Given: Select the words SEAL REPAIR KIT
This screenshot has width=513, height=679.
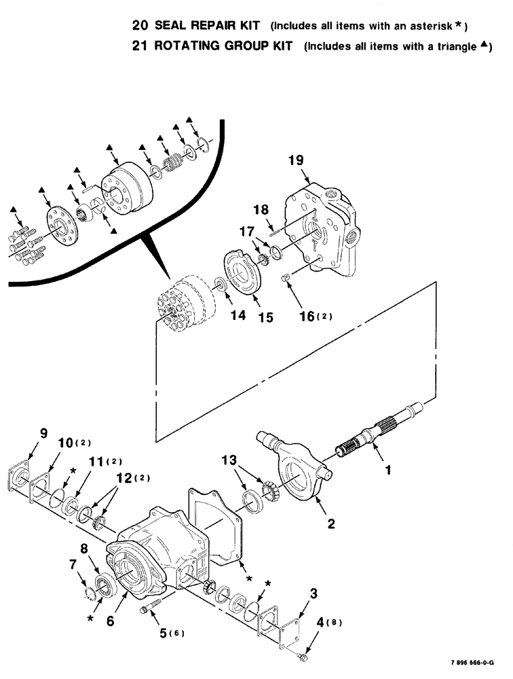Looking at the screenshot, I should (212, 26).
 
